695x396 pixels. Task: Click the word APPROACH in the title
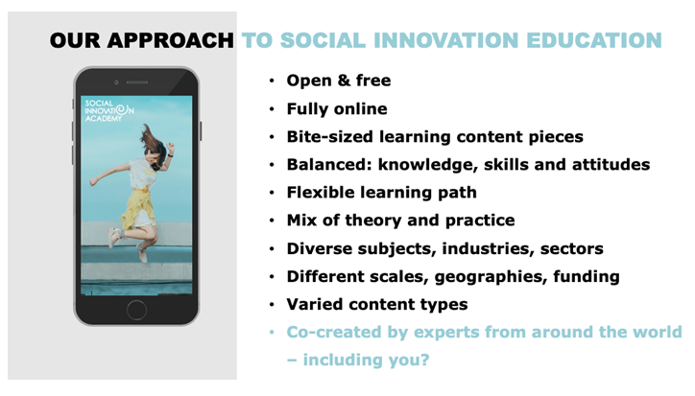pyautogui.click(x=170, y=40)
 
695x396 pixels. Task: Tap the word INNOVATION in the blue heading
pyautogui.click(x=446, y=40)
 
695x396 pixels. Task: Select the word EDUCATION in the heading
pyautogui.click(x=594, y=40)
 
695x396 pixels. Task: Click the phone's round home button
pyautogui.click(x=136, y=310)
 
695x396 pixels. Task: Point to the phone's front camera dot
pyautogui.click(x=116, y=82)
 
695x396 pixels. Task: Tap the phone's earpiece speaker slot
pyautogui.click(x=137, y=82)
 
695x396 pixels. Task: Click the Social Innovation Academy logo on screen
pyautogui.click(x=109, y=110)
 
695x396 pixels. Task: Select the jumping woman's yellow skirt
pyautogui.click(x=138, y=207)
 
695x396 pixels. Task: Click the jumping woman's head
pyautogui.click(x=156, y=150)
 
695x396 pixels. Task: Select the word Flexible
pyautogui.click(x=320, y=193)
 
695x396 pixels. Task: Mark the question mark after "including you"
pyautogui.click(x=424, y=360)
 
